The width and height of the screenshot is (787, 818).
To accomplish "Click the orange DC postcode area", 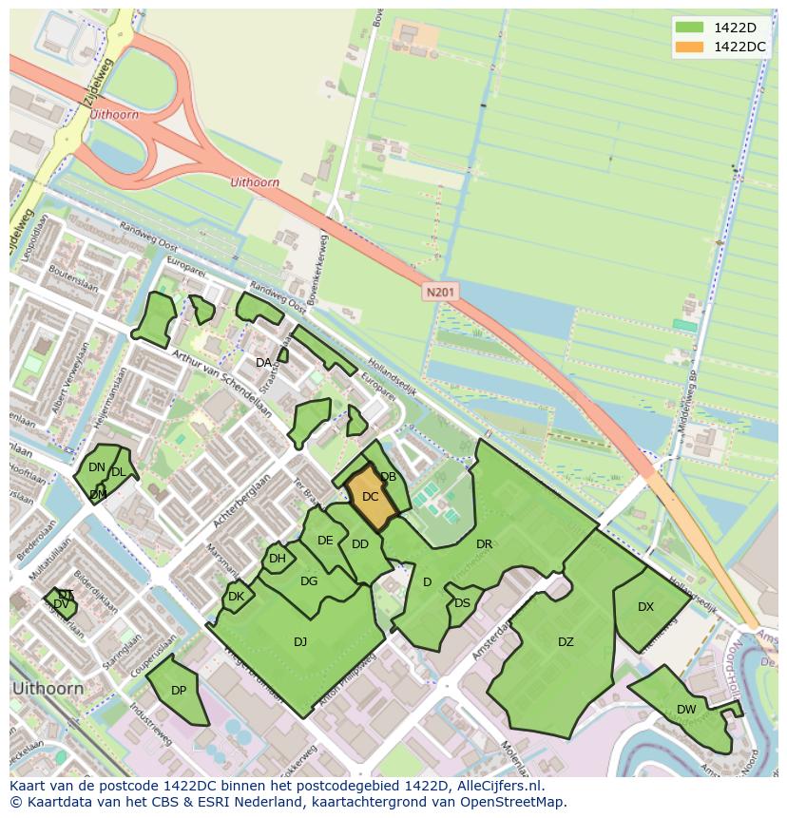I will [x=370, y=497].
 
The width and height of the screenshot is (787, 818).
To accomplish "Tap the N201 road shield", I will [x=440, y=294].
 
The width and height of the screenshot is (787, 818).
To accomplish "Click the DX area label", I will [x=645, y=607].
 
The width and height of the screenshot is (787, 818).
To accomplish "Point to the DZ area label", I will [x=566, y=642].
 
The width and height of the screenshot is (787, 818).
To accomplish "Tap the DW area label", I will [x=686, y=710].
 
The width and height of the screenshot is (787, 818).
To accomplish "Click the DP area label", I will [x=179, y=691].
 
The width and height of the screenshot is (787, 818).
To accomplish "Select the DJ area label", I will [x=300, y=642].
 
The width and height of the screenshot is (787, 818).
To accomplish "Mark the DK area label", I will [x=236, y=597].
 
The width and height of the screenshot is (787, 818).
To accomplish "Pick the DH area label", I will [x=277, y=559].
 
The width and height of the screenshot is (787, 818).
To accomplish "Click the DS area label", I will [x=462, y=603].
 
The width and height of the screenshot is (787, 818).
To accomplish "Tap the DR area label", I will [x=484, y=544].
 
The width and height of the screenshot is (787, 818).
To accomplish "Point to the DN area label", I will [x=96, y=467].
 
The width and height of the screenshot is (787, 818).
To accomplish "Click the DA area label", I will [x=264, y=363].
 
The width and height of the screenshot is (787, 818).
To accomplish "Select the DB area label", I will [x=388, y=477].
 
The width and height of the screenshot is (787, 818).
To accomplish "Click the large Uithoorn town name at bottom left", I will [x=47, y=688].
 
